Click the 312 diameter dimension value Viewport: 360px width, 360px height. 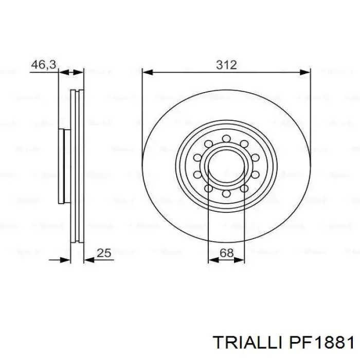pyautogui.click(x=226, y=65)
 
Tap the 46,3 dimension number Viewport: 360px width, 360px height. pyautogui.click(x=43, y=65)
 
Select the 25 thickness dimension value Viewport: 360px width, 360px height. pyautogui.click(x=104, y=253)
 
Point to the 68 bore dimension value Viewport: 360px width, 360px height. pyautogui.click(x=226, y=253)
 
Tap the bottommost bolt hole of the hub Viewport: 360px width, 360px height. pyautogui.click(x=226, y=194)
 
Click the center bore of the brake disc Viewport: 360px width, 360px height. pyautogui.click(x=226, y=167)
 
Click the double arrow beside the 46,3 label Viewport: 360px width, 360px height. pyautogui.click(x=71, y=73)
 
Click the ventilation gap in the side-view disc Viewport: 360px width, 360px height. pyautogui.click(x=76, y=167)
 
